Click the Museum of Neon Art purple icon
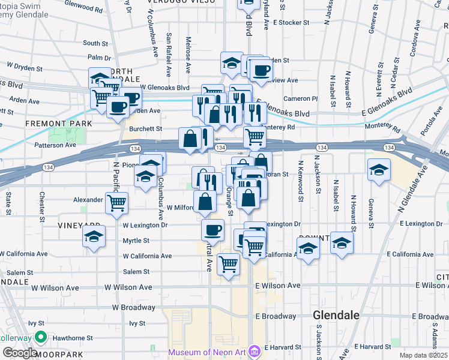coord(255,350)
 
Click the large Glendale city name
coord(336,315)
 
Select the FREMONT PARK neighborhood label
coord(59,124)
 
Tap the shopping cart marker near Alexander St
coord(116,202)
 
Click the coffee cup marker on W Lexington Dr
coord(212,229)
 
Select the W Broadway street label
coord(133,307)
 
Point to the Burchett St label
coord(145,128)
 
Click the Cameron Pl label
coord(300,98)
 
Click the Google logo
coord(20,353)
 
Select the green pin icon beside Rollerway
coord(40,337)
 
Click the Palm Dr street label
coord(95,58)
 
